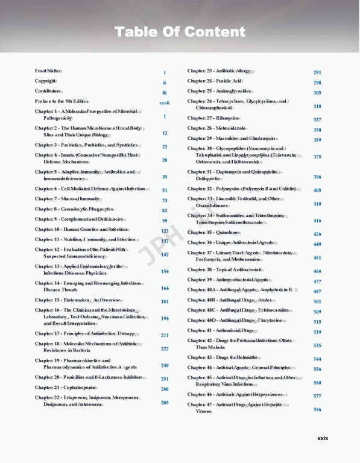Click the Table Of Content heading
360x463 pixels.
pos(180,31)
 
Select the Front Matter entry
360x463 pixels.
pos(48,72)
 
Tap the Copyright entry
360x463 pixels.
pos(45,81)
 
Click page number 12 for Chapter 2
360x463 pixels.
pos(165,133)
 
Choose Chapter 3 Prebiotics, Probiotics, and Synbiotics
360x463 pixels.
pos(86,146)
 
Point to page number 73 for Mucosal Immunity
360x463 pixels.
pos(165,200)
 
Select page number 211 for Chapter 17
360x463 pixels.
pos(165,335)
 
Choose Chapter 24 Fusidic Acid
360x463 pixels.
pos(214,81)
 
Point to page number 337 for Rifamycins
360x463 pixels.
pos(317,120)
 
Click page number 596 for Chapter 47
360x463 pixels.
pos(317,410)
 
